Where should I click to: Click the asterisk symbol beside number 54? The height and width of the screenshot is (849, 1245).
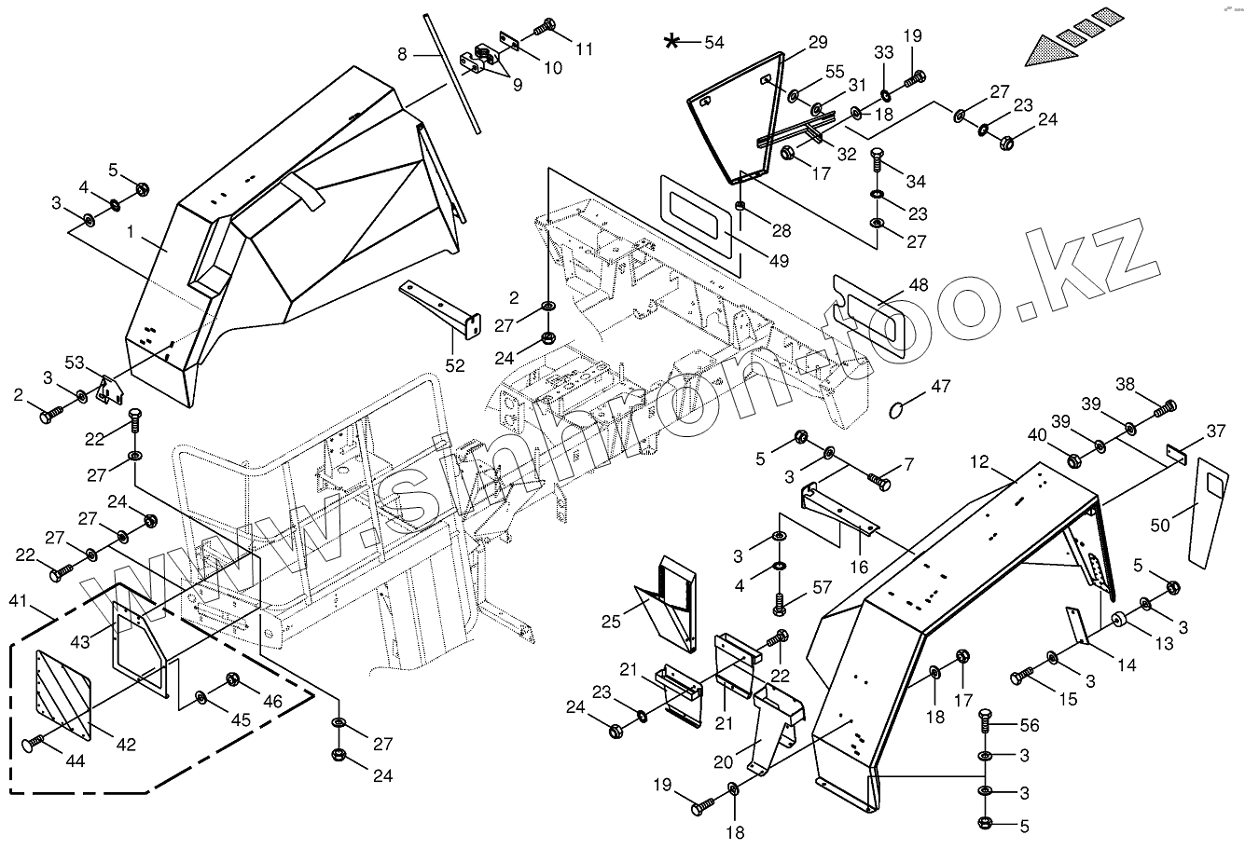point(671,41)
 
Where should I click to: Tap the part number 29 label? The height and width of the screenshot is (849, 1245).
point(817,42)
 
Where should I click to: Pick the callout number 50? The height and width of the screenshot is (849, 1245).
point(1159,527)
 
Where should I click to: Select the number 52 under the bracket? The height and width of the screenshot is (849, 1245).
point(454,366)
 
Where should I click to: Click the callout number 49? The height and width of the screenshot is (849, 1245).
point(779,261)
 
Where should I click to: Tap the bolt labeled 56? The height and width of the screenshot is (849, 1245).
point(984,722)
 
